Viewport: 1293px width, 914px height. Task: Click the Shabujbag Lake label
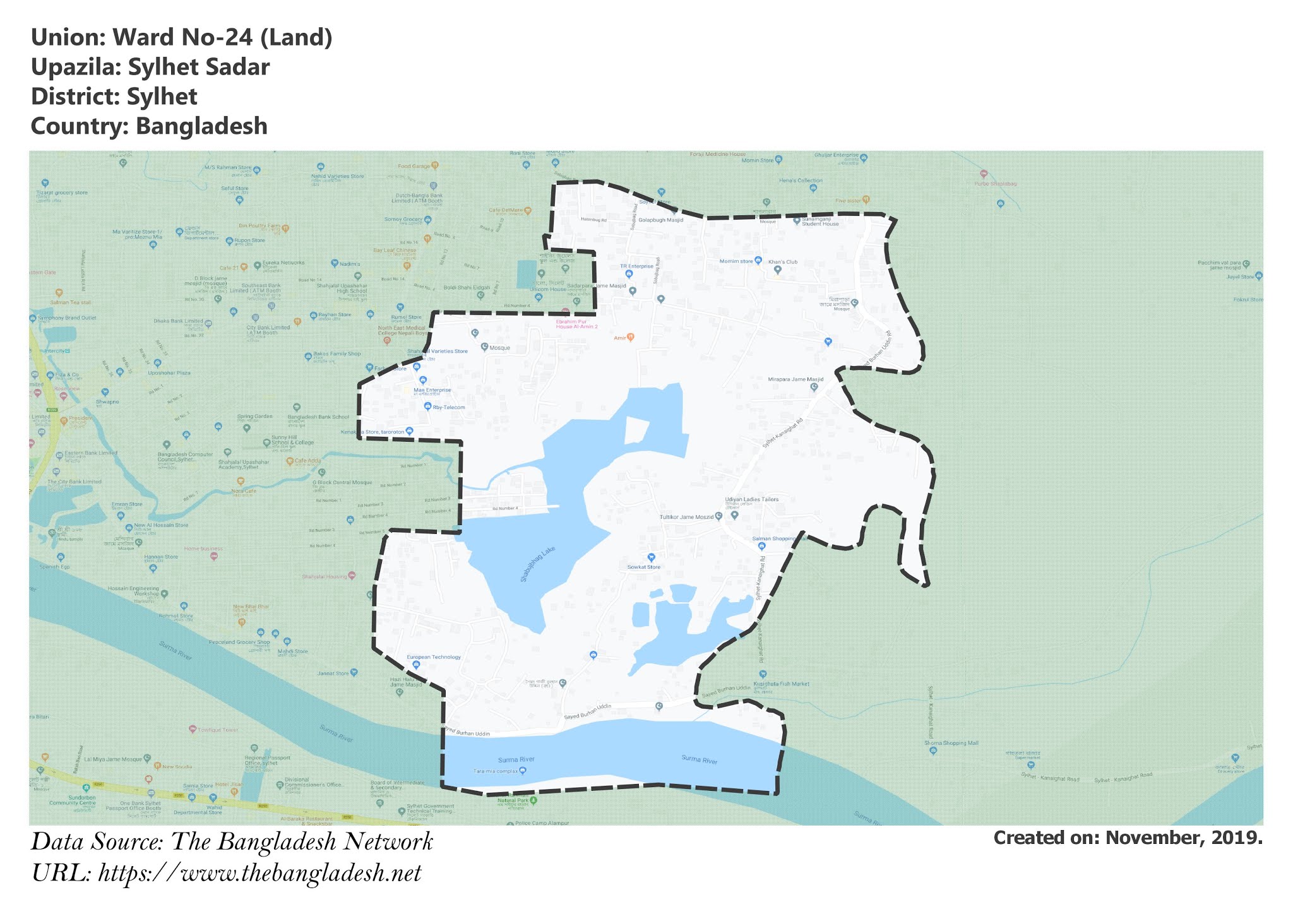point(538,563)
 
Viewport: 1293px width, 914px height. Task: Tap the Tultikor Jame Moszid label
point(687,517)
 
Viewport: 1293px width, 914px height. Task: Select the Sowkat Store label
point(643,567)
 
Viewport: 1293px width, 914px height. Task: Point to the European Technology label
point(434,657)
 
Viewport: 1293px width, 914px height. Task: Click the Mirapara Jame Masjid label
point(795,379)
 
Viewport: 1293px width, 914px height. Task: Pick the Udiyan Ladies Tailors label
point(751,499)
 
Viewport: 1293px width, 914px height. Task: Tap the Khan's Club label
point(783,261)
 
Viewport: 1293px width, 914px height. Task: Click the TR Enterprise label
point(636,266)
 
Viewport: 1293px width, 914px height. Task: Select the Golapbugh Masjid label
point(660,220)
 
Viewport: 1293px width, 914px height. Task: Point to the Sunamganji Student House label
point(820,222)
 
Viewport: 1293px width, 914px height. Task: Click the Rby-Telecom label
point(448,407)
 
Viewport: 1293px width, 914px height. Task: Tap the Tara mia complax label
point(496,771)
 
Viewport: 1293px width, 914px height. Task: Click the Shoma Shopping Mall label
point(951,743)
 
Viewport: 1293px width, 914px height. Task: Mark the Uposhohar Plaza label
point(169,373)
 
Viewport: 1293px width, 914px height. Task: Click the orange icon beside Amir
point(630,338)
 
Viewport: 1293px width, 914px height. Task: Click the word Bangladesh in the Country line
point(201,126)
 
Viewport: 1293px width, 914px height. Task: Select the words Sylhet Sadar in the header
point(199,67)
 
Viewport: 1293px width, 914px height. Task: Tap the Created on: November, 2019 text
point(1128,838)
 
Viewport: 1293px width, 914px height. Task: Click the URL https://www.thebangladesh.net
point(259,873)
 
